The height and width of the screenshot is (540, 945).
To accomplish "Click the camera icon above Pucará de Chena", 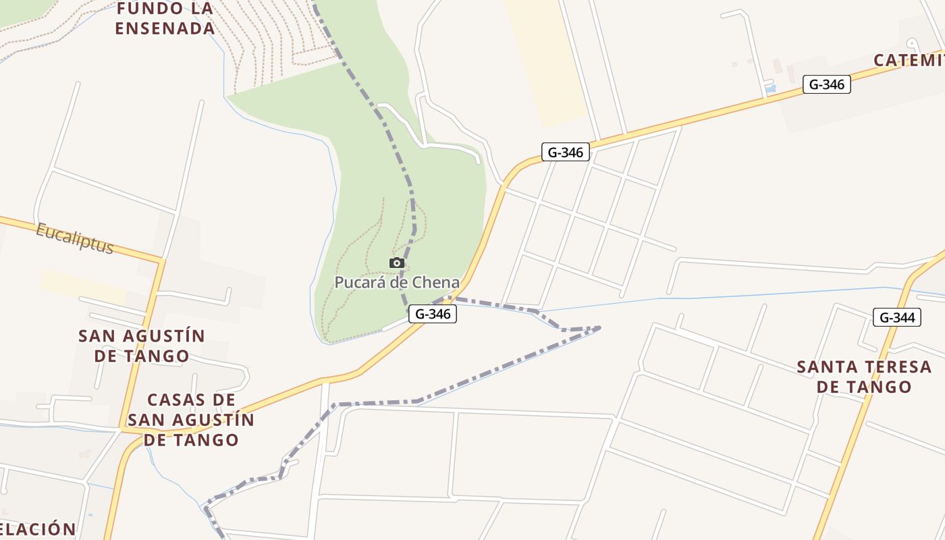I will tap(396, 263).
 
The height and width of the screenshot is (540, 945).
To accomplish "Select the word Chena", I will tap(437, 283).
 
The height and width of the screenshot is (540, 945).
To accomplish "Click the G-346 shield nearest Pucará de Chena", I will tap(432, 314).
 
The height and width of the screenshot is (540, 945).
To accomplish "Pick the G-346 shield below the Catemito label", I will tap(826, 84).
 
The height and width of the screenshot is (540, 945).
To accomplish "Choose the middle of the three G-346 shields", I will tap(565, 152).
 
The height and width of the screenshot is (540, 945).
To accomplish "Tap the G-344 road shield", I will tap(896, 317).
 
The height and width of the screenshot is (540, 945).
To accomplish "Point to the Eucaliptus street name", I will tap(74, 238).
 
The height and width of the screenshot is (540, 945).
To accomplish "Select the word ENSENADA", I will tap(165, 28).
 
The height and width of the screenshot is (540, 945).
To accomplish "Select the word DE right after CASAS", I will tap(227, 400).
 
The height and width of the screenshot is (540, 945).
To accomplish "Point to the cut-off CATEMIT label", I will tap(909, 60).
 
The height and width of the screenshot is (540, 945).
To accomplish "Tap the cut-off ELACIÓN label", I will tap(38, 529).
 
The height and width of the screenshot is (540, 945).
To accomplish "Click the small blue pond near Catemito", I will tap(771, 88).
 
